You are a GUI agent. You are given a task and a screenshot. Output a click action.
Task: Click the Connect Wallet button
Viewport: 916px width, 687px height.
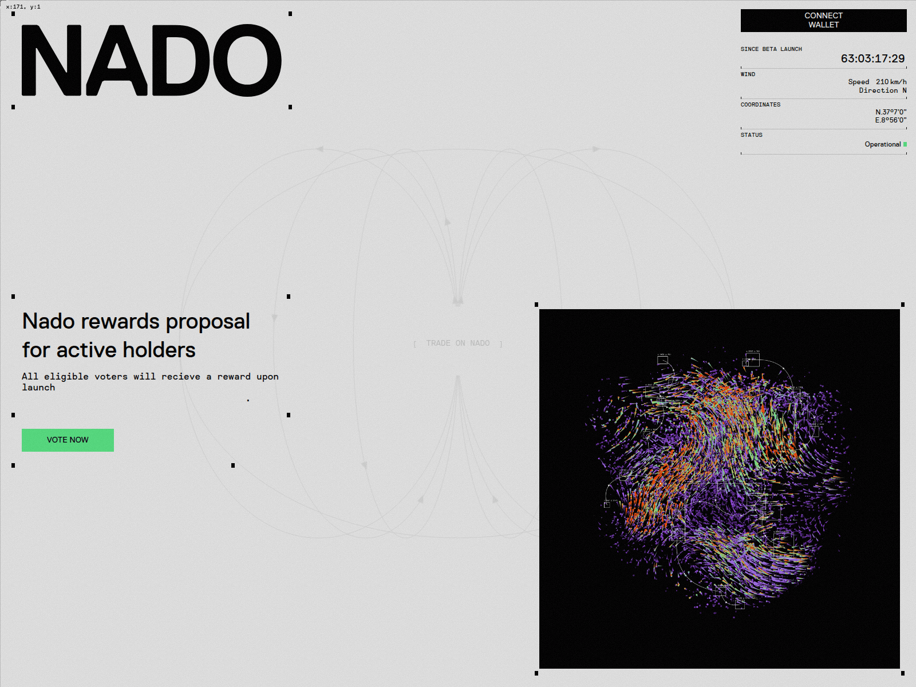click(823, 21)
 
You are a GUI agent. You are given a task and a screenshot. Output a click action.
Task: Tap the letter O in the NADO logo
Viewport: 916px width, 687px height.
click(247, 60)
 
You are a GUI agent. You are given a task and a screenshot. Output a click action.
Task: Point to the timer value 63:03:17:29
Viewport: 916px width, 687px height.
click(872, 58)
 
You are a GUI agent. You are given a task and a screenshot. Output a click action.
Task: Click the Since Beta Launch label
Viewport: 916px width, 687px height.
click(771, 49)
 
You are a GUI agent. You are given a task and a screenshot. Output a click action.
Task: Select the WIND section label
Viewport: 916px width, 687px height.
click(748, 74)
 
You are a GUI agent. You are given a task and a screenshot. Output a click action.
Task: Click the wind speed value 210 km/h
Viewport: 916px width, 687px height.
click(891, 82)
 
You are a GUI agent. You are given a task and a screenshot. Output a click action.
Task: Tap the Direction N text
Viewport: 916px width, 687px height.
click(882, 90)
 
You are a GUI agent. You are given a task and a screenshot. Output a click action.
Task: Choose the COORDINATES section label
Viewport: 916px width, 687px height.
click(760, 105)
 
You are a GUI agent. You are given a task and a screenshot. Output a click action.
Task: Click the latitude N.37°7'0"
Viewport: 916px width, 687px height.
click(890, 112)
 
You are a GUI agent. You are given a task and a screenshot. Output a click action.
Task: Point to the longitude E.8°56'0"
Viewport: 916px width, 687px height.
click(890, 120)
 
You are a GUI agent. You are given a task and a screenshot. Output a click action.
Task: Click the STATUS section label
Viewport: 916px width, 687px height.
click(751, 135)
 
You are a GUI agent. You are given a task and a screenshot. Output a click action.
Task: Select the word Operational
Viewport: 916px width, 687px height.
click(882, 144)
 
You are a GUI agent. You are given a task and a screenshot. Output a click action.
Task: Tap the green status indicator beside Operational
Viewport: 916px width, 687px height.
click(905, 144)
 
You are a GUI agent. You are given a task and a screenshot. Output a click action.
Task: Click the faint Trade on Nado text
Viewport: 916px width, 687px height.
click(457, 343)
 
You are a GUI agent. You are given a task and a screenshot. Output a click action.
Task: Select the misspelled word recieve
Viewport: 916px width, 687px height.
click(181, 377)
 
